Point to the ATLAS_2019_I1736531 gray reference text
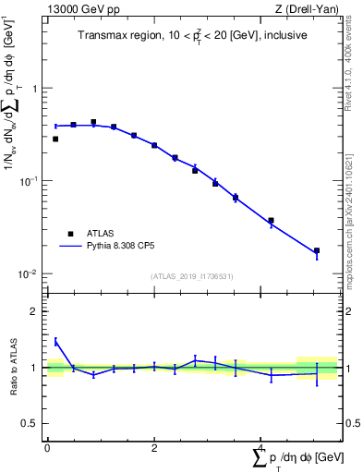pyautogui.click(x=193, y=276)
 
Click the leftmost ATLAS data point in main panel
pyautogui.click(x=55, y=139)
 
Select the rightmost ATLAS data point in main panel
pyautogui.click(x=317, y=250)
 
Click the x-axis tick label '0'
pyautogui.click(x=47, y=447)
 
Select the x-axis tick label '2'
pyautogui.click(x=154, y=447)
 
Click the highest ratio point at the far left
pyautogui.click(x=55, y=341)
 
